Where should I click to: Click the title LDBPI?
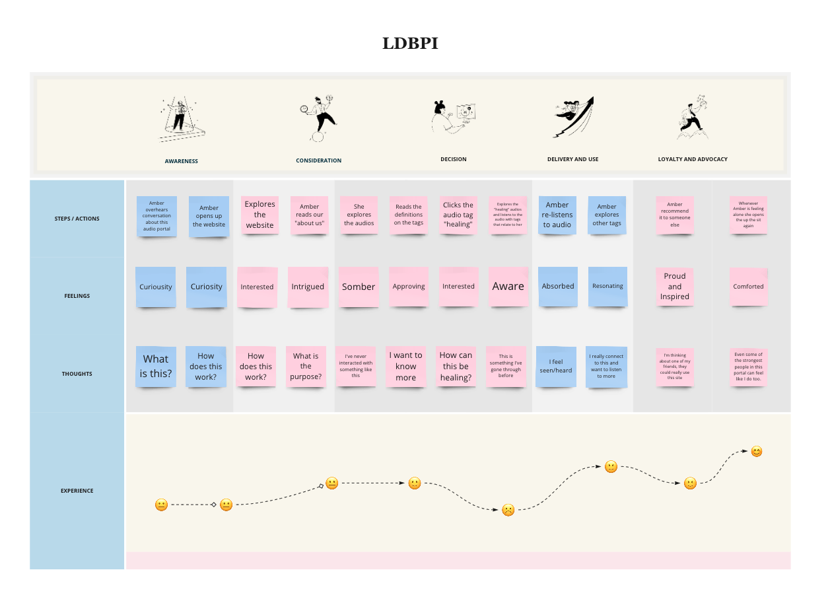click(410, 44)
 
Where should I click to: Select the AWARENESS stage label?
click(182, 161)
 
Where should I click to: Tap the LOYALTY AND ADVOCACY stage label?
click(693, 159)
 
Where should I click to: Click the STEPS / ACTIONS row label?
click(77, 219)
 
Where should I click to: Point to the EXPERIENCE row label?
click(77, 491)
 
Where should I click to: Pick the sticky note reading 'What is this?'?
click(156, 367)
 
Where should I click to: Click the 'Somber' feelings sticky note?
click(359, 287)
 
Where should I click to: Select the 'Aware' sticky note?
click(508, 286)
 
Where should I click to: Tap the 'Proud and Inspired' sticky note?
click(675, 287)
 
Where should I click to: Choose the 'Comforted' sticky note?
click(748, 287)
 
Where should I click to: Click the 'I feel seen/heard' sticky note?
click(556, 366)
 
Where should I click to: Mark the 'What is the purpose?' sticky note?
click(306, 367)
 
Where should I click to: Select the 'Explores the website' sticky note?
click(259, 215)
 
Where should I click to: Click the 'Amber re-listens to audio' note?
click(557, 215)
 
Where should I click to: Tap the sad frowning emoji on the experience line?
click(508, 510)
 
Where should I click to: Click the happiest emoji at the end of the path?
click(757, 452)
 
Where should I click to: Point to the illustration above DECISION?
click(454, 118)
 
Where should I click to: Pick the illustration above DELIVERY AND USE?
click(573, 117)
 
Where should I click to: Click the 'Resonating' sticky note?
click(607, 287)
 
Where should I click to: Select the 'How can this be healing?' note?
click(456, 367)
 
